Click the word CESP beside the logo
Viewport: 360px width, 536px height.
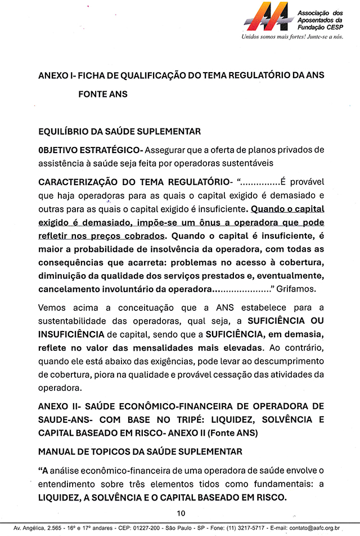tap(333, 26)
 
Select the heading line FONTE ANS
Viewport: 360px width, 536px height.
tap(103, 94)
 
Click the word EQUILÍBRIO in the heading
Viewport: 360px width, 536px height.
tap(64, 132)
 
